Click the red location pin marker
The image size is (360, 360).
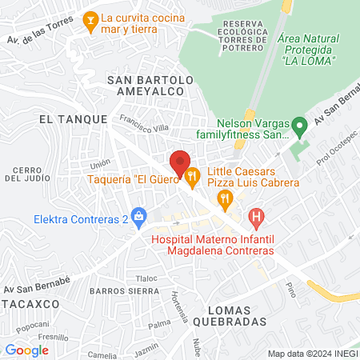tap(180, 162)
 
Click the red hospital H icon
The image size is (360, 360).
tap(255, 216)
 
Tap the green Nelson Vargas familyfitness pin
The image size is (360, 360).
tap(298, 125)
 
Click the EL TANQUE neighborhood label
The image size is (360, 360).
tap(73, 118)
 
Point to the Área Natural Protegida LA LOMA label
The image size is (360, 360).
tap(308, 49)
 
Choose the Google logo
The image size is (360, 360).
tap(27, 350)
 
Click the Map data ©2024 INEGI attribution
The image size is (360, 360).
tap(312, 354)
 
